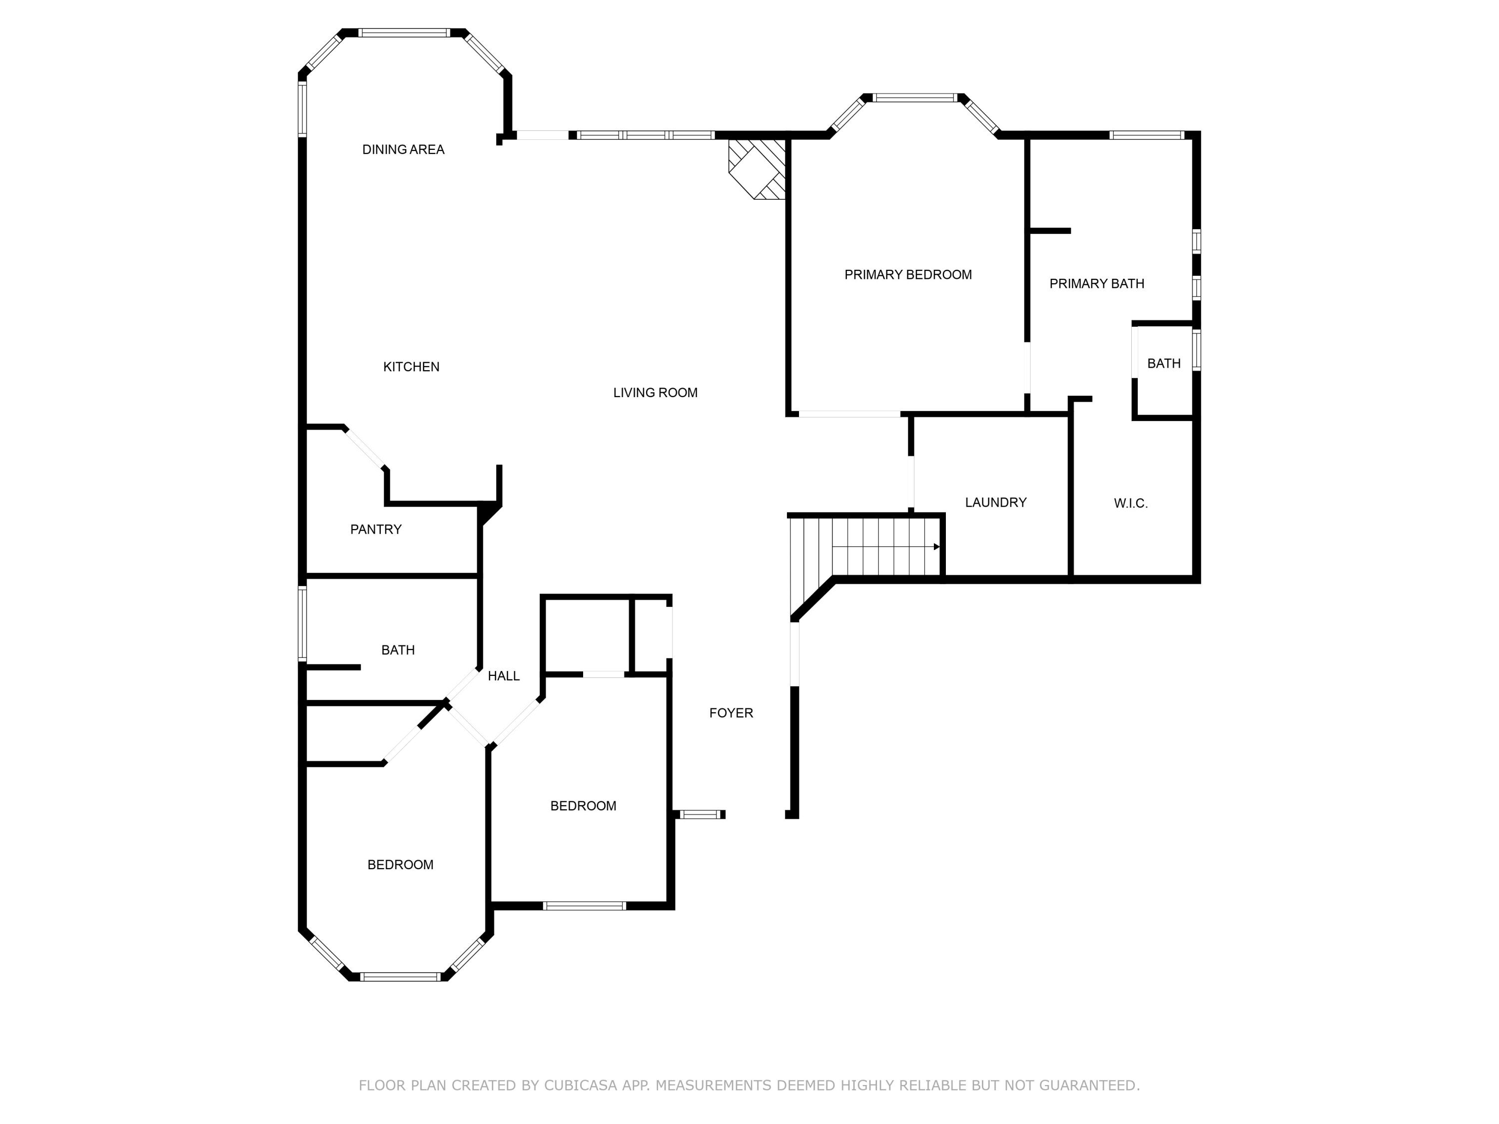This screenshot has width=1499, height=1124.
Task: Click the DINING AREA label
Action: coord(403,150)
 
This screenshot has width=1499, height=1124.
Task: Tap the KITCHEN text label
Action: coord(411,367)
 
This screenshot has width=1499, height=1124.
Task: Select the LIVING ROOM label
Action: coord(655,393)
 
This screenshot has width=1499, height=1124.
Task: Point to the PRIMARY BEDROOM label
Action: coord(908,275)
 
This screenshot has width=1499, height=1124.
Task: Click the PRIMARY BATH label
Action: coord(1096,284)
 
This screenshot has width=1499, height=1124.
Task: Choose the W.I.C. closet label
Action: coord(1130,504)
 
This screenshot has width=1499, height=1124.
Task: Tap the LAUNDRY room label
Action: coord(995,503)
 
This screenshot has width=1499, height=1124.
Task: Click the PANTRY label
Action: coord(376,530)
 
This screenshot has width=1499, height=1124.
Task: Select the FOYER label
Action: coord(731,713)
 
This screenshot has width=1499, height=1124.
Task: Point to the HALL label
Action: coord(504,676)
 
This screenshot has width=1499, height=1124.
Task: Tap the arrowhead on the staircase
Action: coord(936,547)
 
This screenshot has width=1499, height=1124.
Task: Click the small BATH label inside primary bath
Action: coord(1164,364)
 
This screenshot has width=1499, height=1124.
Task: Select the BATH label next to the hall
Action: coord(398,650)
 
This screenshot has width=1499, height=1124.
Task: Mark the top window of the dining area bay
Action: coord(404,32)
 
